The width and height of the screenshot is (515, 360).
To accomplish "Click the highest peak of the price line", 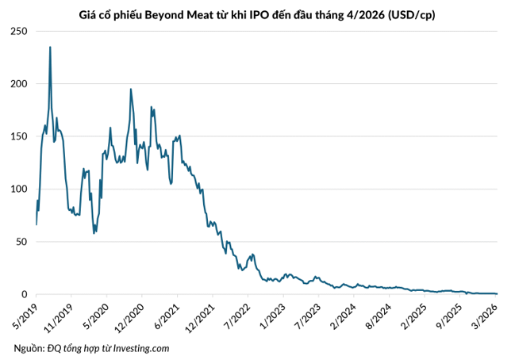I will coord(50,47).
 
